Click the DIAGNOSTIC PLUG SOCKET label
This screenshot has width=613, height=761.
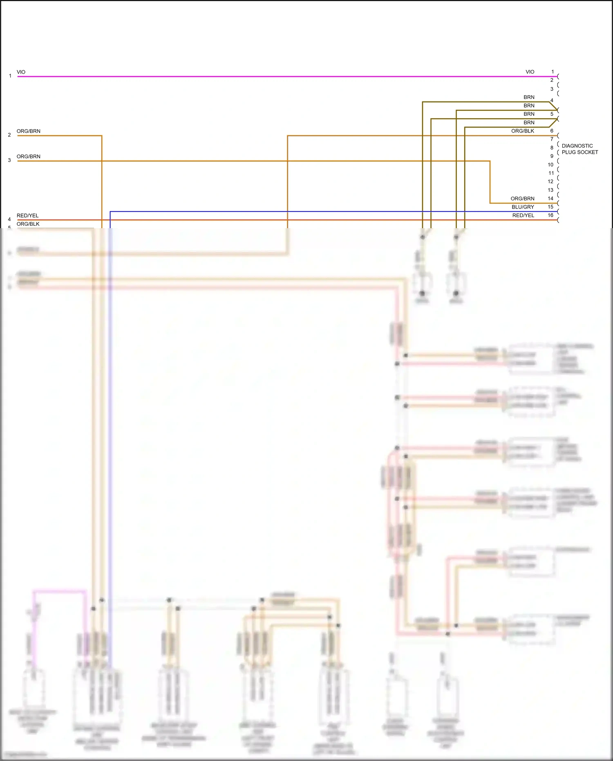coord(579,149)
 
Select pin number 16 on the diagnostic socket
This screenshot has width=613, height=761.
coord(550,215)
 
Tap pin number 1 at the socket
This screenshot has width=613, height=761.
coord(553,72)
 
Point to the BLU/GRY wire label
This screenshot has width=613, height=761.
coord(523,207)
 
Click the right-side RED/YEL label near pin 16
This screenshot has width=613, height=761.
coord(523,216)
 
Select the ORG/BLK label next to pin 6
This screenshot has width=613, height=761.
coord(522,131)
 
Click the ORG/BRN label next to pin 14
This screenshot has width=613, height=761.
coord(522,198)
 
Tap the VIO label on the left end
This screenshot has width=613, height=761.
coord(21,72)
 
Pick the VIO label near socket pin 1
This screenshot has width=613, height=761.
coord(530,72)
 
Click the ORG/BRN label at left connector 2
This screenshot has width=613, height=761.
coord(28,131)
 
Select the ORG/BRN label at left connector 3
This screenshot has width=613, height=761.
coord(28,157)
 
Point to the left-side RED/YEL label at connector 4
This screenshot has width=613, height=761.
coord(27,216)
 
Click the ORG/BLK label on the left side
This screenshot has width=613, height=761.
coord(28,224)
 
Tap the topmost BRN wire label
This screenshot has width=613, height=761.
coord(529,97)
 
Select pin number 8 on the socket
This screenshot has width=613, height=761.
coord(552,148)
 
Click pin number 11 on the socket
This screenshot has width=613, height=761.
coord(551,173)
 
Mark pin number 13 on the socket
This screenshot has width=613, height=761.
coord(550,190)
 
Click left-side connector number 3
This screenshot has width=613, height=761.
coord(9,160)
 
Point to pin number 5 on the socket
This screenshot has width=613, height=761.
coord(552,114)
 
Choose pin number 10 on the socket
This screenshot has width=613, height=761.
coord(550,164)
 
